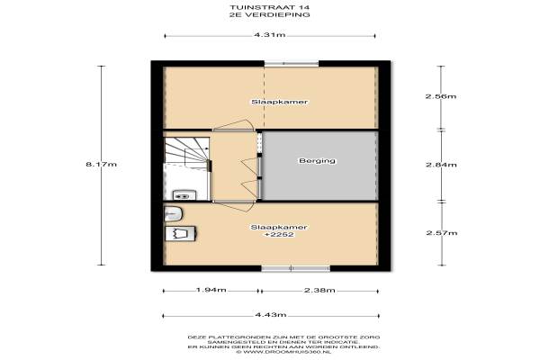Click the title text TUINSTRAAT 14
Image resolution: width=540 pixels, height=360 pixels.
(x=270, y=7)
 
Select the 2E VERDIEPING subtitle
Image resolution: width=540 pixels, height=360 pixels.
(x=270, y=14)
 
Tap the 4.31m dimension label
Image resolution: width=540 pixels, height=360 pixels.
(x=270, y=35)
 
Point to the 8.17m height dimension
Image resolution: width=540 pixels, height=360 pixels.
(x=101, y=165)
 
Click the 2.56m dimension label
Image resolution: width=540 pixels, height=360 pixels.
(x=441, y=96)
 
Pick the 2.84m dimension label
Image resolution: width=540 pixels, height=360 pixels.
(x=442, y=165)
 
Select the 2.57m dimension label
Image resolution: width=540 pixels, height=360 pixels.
(x=442, y=233)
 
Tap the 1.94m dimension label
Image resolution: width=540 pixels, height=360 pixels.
(x=211, y=290)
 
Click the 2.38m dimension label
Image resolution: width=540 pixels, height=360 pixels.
(x=319, y=291)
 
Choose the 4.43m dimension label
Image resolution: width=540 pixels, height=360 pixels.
(x=271, y=314)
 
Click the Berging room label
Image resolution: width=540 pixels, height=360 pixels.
(x=317, y=160)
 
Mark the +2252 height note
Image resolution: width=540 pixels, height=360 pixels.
(x=279, y=235)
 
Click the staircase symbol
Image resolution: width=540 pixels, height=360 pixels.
(x=187, y=151)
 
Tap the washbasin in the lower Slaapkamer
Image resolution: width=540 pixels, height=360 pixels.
(x=173, y=213)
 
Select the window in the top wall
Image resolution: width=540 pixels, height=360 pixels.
(x=292, y=63)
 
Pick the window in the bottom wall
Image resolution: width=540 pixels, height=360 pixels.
(x=295, y=269)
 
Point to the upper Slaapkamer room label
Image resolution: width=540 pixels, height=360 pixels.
(x=279, y=102)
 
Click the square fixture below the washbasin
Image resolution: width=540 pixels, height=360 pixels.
(x=181, y=234)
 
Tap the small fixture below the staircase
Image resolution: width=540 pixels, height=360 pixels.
(x=184, y=195)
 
